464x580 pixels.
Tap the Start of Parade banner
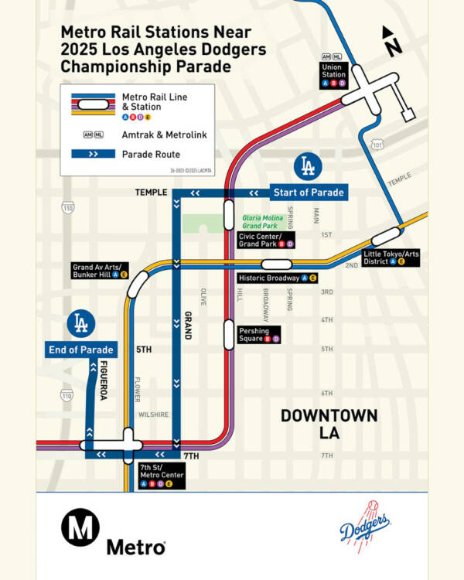pyautogui.click(x=308, y=193)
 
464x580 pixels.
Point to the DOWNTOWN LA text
pyautogui.click(x=329, y=424)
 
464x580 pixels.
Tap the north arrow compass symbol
pyautogui.click(x=393, y=41)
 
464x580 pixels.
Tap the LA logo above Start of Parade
pyautogui.click(x=308, y=165)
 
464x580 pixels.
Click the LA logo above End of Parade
pyautogui.click(x=80, y=323)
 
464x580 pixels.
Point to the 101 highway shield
pyautogui.click(x=377, y=145)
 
